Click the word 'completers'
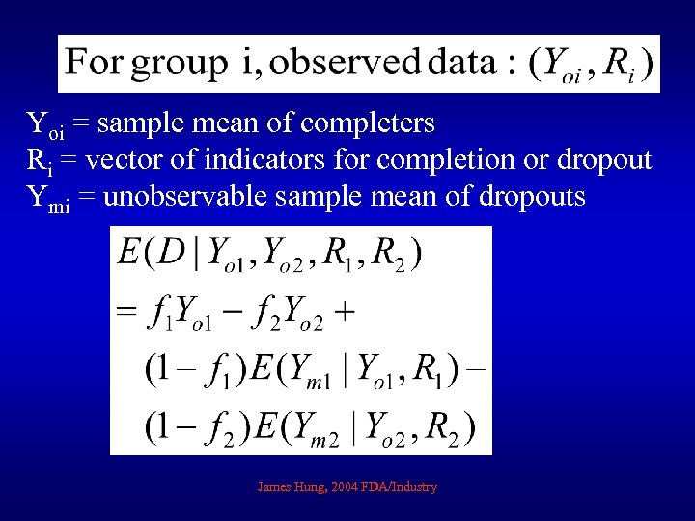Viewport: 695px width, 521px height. (368, 124)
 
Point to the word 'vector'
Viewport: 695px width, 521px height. (141, 160)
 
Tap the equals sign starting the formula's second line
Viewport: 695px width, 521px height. (126, 312)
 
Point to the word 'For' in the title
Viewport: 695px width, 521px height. (95, 64)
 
